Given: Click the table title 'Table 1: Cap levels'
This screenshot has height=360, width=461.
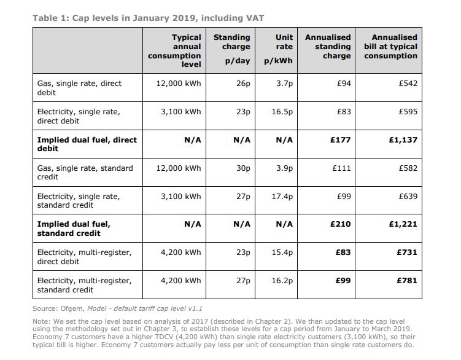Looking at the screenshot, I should [147, 18].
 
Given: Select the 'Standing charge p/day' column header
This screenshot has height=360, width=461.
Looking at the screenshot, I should [231, 49].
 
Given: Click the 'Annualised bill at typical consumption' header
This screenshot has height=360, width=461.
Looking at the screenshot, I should [390, 47].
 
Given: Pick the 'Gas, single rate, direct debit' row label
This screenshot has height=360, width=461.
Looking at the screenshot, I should [80, 88].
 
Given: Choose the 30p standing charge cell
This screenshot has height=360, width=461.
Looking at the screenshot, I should [243, 168].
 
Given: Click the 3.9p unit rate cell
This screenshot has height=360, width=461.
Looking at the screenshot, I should [284, 168].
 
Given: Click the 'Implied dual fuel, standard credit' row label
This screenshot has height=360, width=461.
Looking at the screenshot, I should [74, 229].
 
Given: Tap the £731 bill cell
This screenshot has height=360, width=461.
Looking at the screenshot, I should [406, 252].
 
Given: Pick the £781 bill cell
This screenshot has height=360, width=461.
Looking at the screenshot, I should [406, 280].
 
